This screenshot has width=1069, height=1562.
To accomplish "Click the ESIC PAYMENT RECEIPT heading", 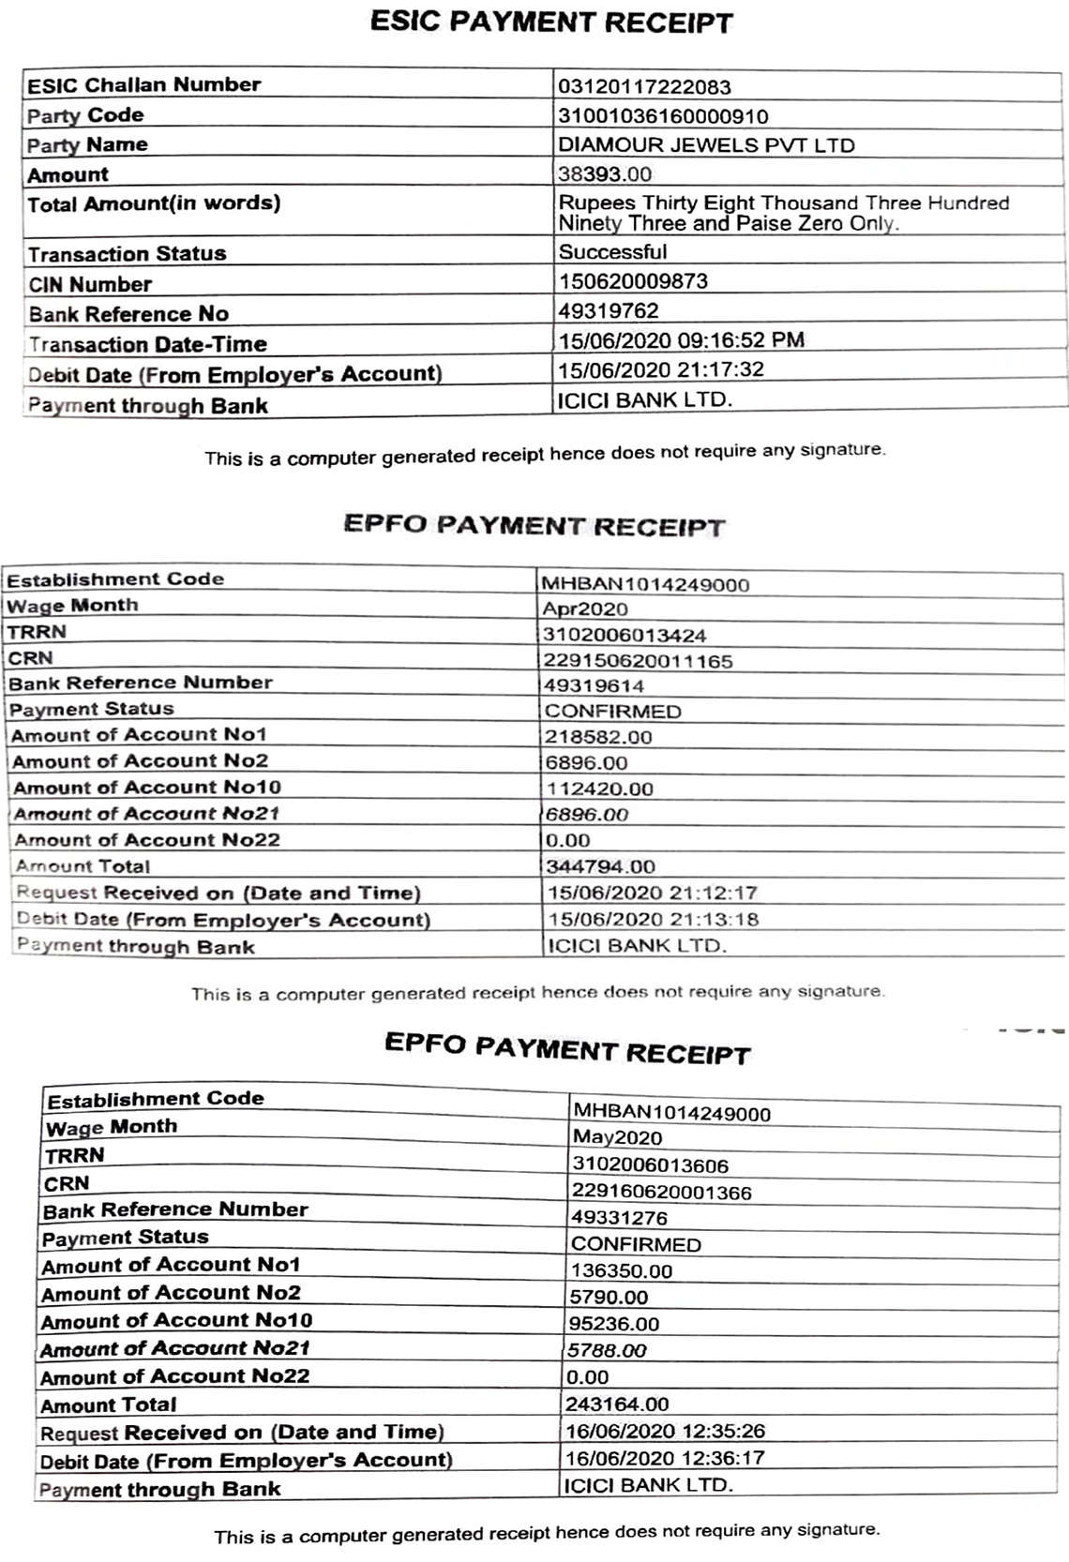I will pos(551,23).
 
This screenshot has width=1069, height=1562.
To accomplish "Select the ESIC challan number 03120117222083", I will pos(644,87).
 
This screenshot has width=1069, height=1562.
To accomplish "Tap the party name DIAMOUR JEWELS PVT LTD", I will pos(706,145).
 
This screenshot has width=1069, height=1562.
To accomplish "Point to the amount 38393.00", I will pos(605,174).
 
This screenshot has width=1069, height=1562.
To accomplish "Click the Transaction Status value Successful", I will pos(612,252).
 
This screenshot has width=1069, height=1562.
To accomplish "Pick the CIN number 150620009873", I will pos(633,281).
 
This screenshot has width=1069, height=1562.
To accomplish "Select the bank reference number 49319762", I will pos(609,311).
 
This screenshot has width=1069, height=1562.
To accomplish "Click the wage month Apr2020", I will pos(585,609).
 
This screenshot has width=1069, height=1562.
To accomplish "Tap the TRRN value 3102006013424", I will pos(625,636).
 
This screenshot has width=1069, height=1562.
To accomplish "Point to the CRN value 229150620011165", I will pos(639,661).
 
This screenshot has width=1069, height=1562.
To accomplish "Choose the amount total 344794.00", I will pos(601,866).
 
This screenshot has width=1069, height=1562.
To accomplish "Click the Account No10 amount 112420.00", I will pos(599,789).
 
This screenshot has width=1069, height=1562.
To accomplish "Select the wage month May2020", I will pos(617,1138).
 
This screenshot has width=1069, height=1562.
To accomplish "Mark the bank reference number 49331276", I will pos(619,1218).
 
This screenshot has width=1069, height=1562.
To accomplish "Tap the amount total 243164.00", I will pos(617,1404).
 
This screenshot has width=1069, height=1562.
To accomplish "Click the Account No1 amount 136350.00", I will pos(621,1271).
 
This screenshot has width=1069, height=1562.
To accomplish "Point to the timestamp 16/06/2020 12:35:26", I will pos(665,1432).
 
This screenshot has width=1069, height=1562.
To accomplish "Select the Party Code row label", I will pos(85,115).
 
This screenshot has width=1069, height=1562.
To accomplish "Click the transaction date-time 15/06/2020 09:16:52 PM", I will pos(681,340).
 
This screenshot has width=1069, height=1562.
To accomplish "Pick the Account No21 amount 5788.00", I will pos(606,1351).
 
